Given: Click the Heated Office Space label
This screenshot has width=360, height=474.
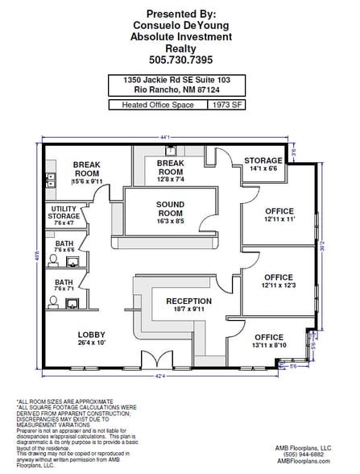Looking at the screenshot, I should (x=156, y=105).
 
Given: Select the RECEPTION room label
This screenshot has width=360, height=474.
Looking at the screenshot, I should (x=188, y=301).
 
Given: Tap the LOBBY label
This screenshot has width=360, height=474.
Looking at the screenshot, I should (x=92, y=335).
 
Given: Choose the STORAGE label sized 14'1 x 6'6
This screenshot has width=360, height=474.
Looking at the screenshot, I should (x=263, y=160).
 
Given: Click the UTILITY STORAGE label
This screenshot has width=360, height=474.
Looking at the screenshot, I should (x=64, y=212).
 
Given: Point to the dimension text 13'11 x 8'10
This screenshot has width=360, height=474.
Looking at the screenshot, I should (x=269, y=345).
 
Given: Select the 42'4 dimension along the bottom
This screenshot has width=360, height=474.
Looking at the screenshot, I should (x=160, y=375).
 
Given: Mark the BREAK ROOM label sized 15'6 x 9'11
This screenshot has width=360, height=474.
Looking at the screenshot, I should (x=86, y=168).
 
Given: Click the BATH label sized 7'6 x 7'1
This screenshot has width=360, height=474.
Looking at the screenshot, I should (x=64, y=282).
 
